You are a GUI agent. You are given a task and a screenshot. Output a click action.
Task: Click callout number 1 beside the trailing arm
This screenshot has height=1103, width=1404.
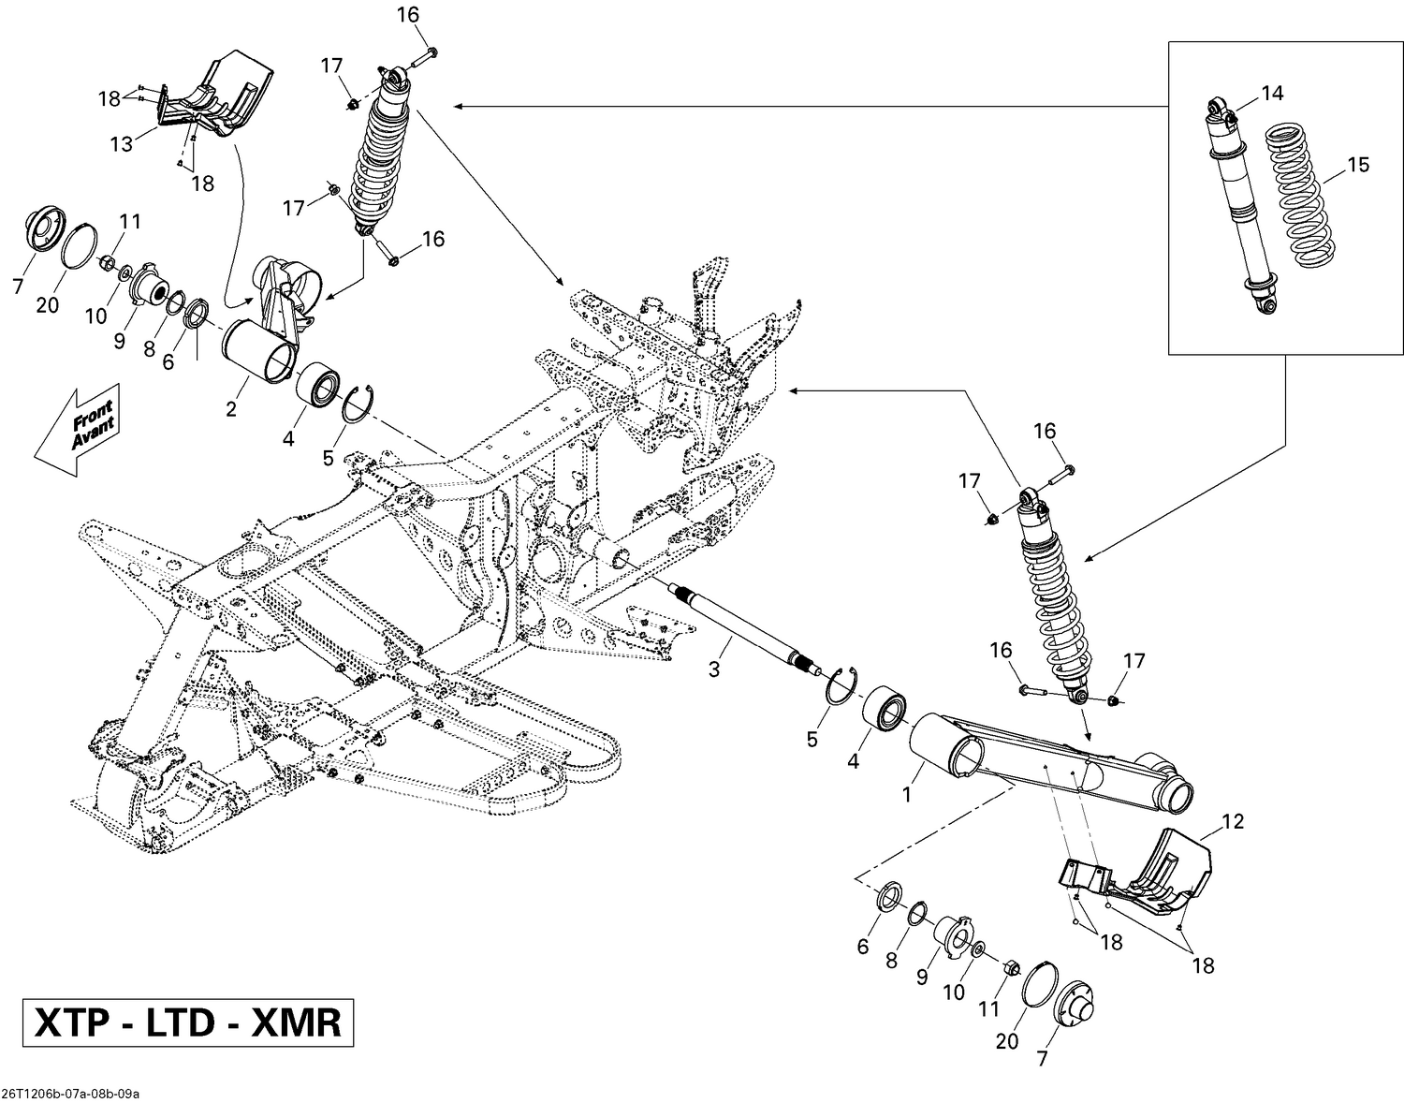(x=905, y=794)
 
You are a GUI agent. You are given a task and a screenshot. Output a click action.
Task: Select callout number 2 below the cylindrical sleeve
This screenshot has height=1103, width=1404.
(x=231, y=409)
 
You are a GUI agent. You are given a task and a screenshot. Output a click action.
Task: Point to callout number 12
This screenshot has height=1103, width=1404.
(x=1233, y=822)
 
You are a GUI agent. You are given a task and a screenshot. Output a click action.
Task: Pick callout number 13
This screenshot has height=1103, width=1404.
(x=122, y=143)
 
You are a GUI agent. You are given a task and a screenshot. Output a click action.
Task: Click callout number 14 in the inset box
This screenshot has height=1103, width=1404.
(x=1272, y=93)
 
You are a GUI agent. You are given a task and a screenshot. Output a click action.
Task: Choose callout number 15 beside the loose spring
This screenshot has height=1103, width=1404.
(x=1357, y=165)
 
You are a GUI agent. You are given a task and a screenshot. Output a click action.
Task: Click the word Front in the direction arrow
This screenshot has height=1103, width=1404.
(x=91, y=415)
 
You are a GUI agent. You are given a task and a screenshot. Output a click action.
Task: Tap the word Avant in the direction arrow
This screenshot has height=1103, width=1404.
(x=95, y=433)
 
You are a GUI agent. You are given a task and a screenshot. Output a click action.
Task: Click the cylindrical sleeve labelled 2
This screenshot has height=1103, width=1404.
(x=257, y=350)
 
